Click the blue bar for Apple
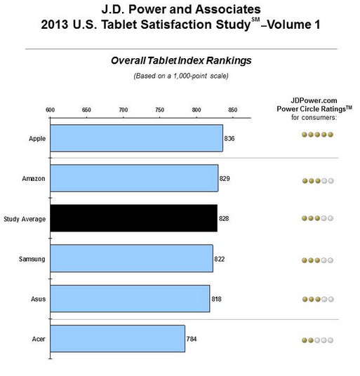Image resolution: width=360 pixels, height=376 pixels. pyautogui.click(x=136, y=138)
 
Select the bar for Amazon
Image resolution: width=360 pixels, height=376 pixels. pyautogui.click(x=134, y=178)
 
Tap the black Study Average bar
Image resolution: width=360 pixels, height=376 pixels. pyautogui.click(x=133, y=218)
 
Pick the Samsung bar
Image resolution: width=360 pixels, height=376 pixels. pyautogui.click(x=131, y=259)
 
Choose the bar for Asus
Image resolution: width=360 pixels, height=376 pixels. pyautogui.click(x=130, y=298)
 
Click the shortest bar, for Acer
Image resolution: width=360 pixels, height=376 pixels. pyautogui.click(x=117, y=338)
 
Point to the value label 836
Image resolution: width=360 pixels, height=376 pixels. pyautogui.click(x=229, y=138)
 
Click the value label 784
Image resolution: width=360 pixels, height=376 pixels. pyautogui.click(x=192, y=338)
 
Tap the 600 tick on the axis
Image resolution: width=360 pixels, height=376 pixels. pyautogui.click(x=51, y=109)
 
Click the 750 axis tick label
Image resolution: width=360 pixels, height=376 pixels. pyautogui.click(x=160, y=109)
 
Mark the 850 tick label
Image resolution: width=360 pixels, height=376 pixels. pyautogui.click(x=233, y=109)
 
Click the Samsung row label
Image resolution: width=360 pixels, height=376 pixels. pyautogui.click(x=32, y=259)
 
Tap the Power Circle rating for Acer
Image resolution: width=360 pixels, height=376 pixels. pyautogui.click(x=317, y=340)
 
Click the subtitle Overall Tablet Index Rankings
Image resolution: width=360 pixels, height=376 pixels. pyautogui.click(x=181, y=61)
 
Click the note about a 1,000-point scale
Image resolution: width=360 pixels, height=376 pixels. pyautogui.click(x=181, y=76)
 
